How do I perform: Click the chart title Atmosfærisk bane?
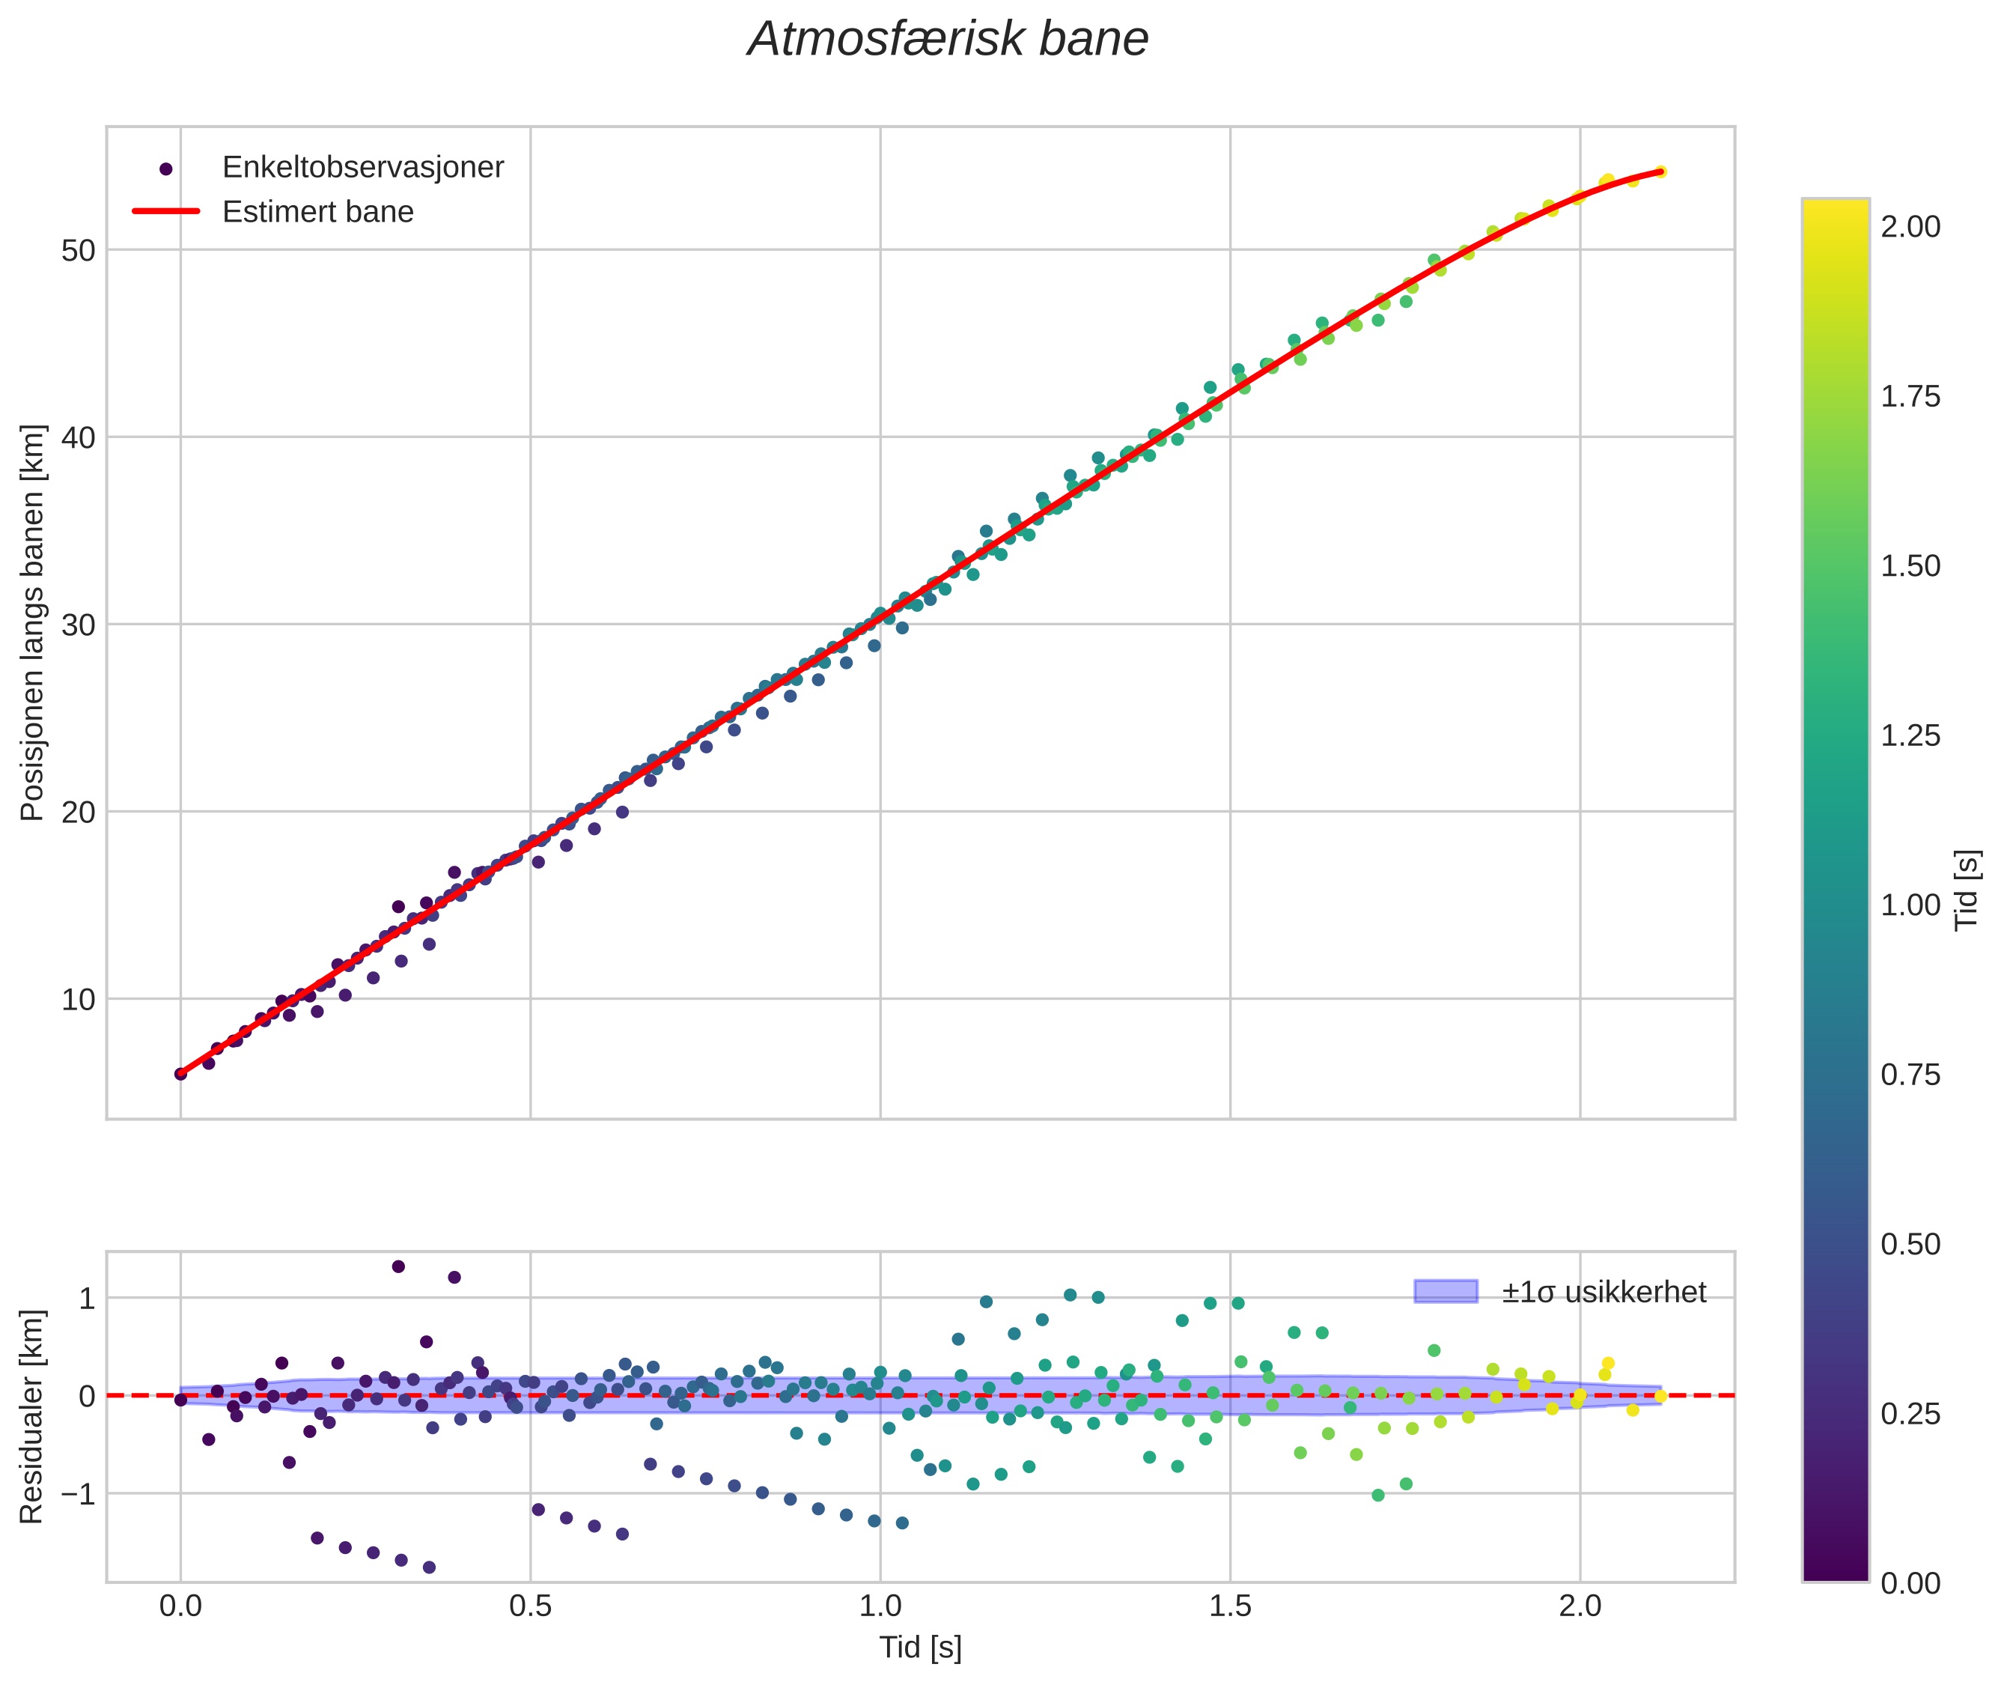[x=948, y=40]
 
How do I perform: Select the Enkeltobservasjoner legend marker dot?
[x=166, y=168]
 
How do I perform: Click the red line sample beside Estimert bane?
[x=166, y=212]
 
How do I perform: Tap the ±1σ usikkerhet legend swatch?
[x=1446, y=1292]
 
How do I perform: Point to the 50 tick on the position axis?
[x=79, y=251]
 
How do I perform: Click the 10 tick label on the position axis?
[x=79, y=999]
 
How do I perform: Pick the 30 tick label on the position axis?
[x=79, y=625]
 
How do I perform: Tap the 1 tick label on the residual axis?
[x=87, y=1298]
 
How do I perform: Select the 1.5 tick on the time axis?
[x=1230, y=1606]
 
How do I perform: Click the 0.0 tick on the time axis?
[x=180, y=1606]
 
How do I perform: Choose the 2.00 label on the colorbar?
[x=1910, y=227]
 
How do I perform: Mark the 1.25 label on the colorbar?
[x=1910, y=736]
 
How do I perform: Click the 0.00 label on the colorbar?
[x=1910, y=1583]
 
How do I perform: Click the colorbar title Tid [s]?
[x=1966, y=890]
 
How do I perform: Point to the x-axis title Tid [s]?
[x=920, y=1648]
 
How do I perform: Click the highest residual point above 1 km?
[x=398, y=1266]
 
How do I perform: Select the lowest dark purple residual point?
[x=429, y=1567]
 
